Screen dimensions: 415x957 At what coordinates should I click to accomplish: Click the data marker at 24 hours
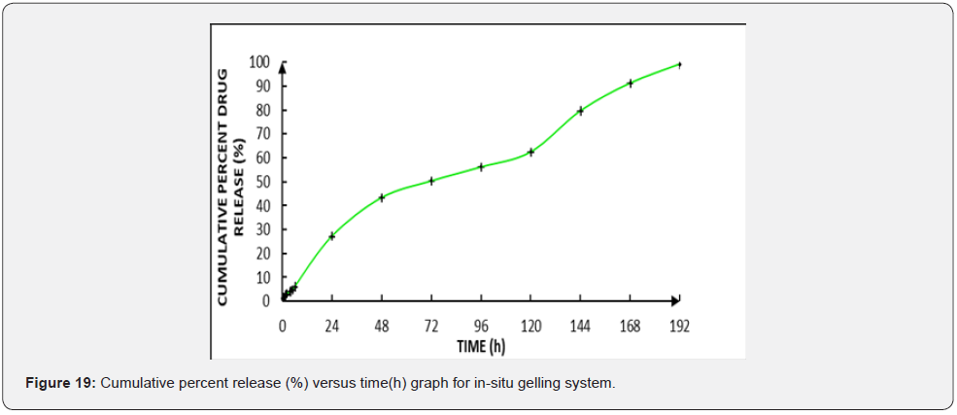(x=332, y=236)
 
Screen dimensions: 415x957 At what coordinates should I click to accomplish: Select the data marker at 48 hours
(x=382, y=197)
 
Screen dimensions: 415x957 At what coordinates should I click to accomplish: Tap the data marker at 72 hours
(x=431, y=181)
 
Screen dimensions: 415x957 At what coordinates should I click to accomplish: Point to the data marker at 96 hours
(x=481, y=167)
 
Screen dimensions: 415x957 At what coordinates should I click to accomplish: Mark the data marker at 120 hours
(x=530, y=152)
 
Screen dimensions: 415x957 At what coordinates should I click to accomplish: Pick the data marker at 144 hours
(x=580, y=111)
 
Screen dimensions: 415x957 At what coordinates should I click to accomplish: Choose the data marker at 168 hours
(x=631, y=84)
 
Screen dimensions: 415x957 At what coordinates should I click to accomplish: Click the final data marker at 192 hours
(x=679, y=64)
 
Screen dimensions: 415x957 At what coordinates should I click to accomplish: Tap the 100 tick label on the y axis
(x=258, y=63)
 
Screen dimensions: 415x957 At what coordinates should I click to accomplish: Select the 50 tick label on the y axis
(x=261, y=182)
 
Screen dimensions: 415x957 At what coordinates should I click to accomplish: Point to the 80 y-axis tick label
(x=261, y=110)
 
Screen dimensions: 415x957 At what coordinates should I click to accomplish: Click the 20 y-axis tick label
(x=261, y=254)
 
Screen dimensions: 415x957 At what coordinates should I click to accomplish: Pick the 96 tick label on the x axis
(x=481, y=326)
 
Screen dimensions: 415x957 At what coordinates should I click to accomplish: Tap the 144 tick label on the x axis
(x=580, y=326)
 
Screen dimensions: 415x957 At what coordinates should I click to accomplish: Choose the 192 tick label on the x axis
(x=679, y=326)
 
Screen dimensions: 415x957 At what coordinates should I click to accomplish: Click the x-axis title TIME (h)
(x=481, y=346)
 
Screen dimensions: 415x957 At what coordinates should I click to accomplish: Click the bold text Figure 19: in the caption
(x=60, y=384)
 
